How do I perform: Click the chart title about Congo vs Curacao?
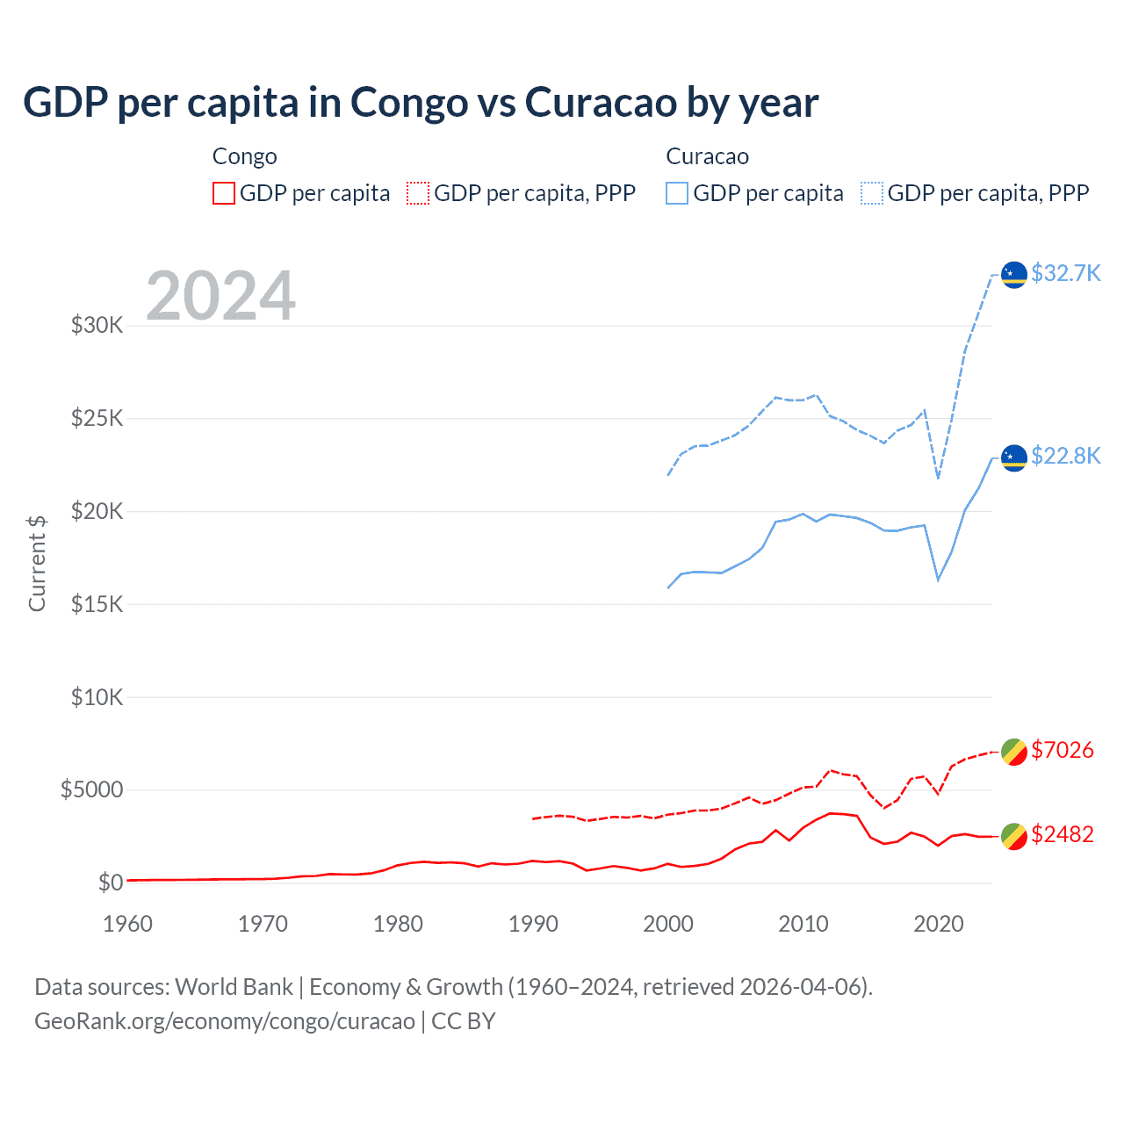click(421, 103)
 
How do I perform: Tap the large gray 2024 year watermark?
click(220, 296)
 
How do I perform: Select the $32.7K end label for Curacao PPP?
click(1065, 273)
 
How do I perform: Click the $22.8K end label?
click(1065, 456)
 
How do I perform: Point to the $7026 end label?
click(1062, 750)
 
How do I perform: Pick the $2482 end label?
click(1062, 834)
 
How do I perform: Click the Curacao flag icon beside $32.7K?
click(1014, 274)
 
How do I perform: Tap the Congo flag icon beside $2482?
click(1014, 837)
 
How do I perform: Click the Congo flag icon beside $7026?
click(1014, 753)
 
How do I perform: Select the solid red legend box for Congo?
click(224, 193)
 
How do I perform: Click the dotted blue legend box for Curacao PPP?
click(872, 193)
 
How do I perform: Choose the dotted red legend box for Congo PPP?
click(418, 193)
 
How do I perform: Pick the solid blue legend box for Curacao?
click(677, 193)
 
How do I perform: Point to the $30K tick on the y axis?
click(97, 326)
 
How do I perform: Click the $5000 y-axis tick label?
click(91, 790)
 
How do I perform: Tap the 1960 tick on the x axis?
click(128, 924)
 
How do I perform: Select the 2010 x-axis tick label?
click(803, 924)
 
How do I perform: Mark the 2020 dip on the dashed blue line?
click(939, 478)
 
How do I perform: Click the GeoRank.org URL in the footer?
click(225, 1021)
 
